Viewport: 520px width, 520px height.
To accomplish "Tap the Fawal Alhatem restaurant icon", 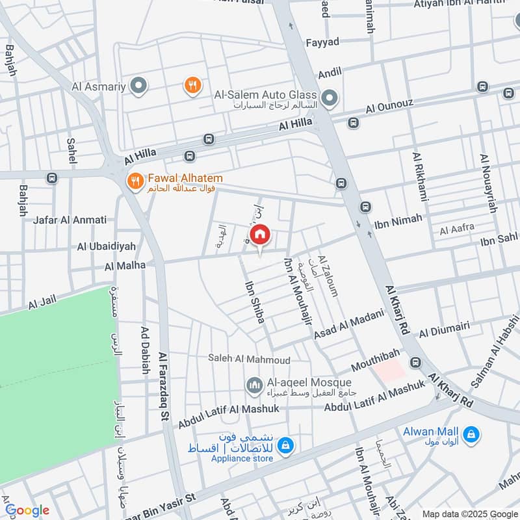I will click(135, 181).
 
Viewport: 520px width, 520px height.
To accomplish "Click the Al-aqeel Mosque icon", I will click(254, 386).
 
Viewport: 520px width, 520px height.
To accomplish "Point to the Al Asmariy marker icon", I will click(138, 85).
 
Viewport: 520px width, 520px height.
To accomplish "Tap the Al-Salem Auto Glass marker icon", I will click(330, 98).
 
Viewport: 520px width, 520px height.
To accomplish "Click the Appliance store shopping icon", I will click(285, 446).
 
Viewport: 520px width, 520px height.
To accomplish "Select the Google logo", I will click(27, 510).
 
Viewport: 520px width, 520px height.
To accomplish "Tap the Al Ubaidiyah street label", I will click(107, 246).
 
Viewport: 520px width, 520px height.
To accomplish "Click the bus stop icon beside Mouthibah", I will click(414, 361).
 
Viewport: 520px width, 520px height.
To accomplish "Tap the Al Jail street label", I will click(44, 300).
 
